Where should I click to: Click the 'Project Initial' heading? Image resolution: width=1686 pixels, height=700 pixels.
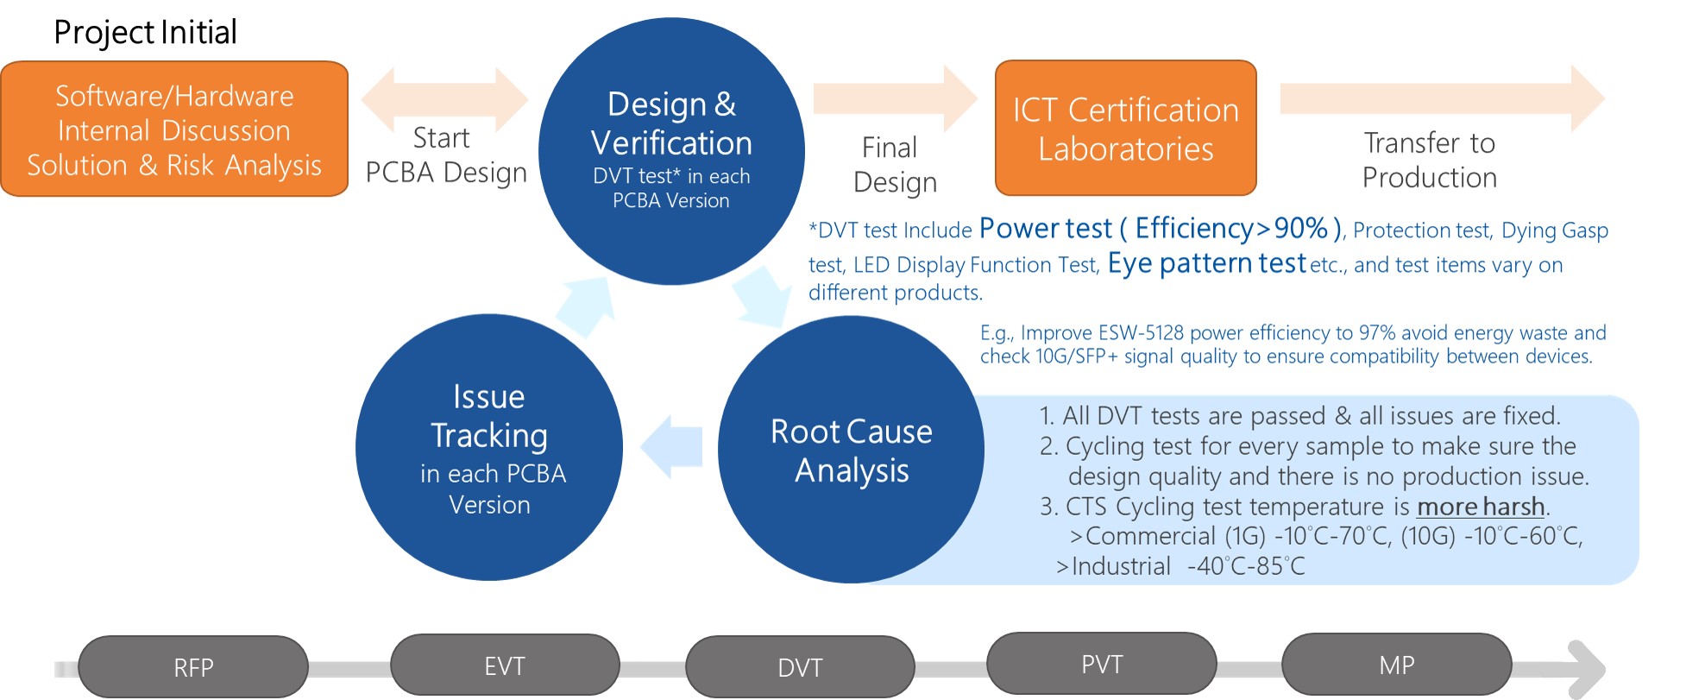145,33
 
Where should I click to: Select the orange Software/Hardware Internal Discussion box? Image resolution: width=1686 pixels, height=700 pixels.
174,129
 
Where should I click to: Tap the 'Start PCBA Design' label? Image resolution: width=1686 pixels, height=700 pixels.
445,155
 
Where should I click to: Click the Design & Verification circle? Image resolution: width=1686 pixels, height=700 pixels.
671,150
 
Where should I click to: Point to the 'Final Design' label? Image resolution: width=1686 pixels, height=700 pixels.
894,165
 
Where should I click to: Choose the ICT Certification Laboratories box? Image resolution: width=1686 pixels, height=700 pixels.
1125,129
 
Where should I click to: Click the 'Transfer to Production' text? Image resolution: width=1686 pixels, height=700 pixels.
1429,160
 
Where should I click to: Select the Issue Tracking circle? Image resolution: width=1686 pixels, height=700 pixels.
488,447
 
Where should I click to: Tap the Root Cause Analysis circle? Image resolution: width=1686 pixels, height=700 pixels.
851,450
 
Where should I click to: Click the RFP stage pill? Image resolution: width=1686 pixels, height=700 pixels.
193,667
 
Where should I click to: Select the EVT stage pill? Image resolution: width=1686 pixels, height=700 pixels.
505,665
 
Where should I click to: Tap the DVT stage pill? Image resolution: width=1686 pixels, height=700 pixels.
800,667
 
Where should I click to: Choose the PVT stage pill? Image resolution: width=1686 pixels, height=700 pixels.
1102,665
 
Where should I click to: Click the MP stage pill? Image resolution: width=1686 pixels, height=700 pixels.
1396,665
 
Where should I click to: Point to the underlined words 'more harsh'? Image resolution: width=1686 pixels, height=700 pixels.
1481,507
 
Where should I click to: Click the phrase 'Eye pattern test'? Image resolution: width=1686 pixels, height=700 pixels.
1206,263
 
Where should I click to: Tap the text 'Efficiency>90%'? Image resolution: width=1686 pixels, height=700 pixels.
1231,229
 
